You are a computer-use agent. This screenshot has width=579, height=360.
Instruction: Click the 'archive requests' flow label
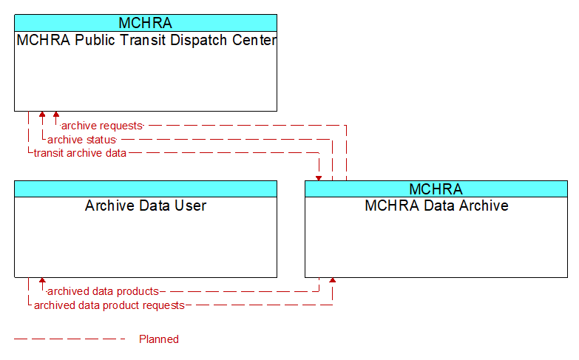pos(102,126)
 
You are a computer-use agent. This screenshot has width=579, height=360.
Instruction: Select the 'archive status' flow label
pos(81,140)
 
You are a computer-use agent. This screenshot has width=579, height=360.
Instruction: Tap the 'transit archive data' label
pos(80,153)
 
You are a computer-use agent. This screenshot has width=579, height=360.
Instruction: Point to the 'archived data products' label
pos(103,291)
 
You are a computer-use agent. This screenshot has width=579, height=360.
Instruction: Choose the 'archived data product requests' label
pos(109,305)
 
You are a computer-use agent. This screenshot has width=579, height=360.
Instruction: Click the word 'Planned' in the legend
pos(159,339)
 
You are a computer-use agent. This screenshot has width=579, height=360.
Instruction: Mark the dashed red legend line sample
pos(70,339)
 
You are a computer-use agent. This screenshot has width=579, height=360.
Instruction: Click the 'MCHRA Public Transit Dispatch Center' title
pos(146,40)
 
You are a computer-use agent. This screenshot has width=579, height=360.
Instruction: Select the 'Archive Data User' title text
pos(146,206)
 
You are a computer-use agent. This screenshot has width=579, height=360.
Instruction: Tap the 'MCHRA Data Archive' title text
pos(436,206)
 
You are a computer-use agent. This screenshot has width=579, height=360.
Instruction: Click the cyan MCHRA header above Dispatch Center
pos(146,23)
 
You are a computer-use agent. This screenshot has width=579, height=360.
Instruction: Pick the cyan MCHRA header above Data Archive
pos(436,189)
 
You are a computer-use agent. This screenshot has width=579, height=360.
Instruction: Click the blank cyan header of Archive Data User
pos(146,189)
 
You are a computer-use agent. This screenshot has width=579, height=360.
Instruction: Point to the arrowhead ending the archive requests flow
pos(56,115)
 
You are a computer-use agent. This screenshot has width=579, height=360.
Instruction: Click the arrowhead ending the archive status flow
pos(42,115)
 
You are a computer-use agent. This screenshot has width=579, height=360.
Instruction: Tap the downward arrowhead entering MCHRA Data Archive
pos(319,178)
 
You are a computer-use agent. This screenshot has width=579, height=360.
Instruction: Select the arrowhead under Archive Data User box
pos(42,281)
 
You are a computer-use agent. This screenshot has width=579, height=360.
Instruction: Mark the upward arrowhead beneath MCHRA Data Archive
pos(333,281)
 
